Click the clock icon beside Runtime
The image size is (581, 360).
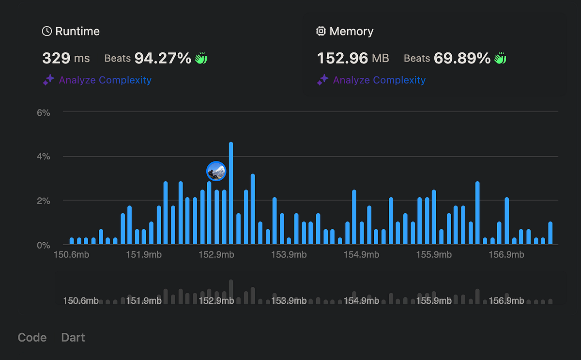[47, 31]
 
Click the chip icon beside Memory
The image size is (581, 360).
[321, 31]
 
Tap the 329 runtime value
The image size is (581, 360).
[56, 59]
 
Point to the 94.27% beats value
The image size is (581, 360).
[163, 59]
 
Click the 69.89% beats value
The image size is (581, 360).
[462, 59]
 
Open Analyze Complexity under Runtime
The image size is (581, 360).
[105, 80]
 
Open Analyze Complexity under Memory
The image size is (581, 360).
[379, 80]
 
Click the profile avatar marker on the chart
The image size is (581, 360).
[216, 171]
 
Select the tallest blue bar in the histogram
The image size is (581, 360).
[231, 194]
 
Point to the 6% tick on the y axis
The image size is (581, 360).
[43, 112]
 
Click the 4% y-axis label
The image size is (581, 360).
[43, 157]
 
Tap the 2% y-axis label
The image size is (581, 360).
[43, 201]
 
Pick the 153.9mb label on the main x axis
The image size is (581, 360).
[288, 255]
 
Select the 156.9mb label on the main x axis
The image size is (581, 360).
[506, 255]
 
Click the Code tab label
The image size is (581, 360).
[32, 338]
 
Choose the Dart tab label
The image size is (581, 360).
[73, 338]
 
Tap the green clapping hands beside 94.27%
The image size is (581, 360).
[201, 59]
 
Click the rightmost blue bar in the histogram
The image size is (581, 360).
[550, 234]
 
